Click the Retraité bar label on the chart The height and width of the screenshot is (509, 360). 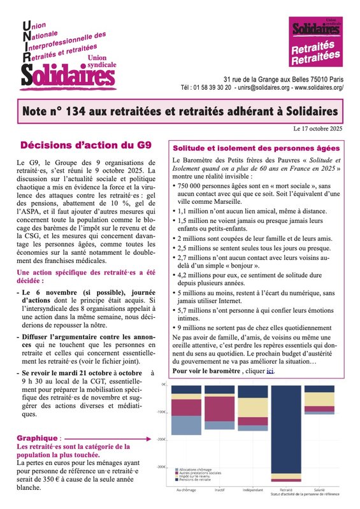(x=277, y=489)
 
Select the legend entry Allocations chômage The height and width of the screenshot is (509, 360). (x=194, y=468)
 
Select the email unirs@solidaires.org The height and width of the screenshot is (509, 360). (x=264, y=87)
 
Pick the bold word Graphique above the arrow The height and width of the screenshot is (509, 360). (x=38, y=438)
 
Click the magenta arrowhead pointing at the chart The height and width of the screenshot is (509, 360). (x=155, y=438)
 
